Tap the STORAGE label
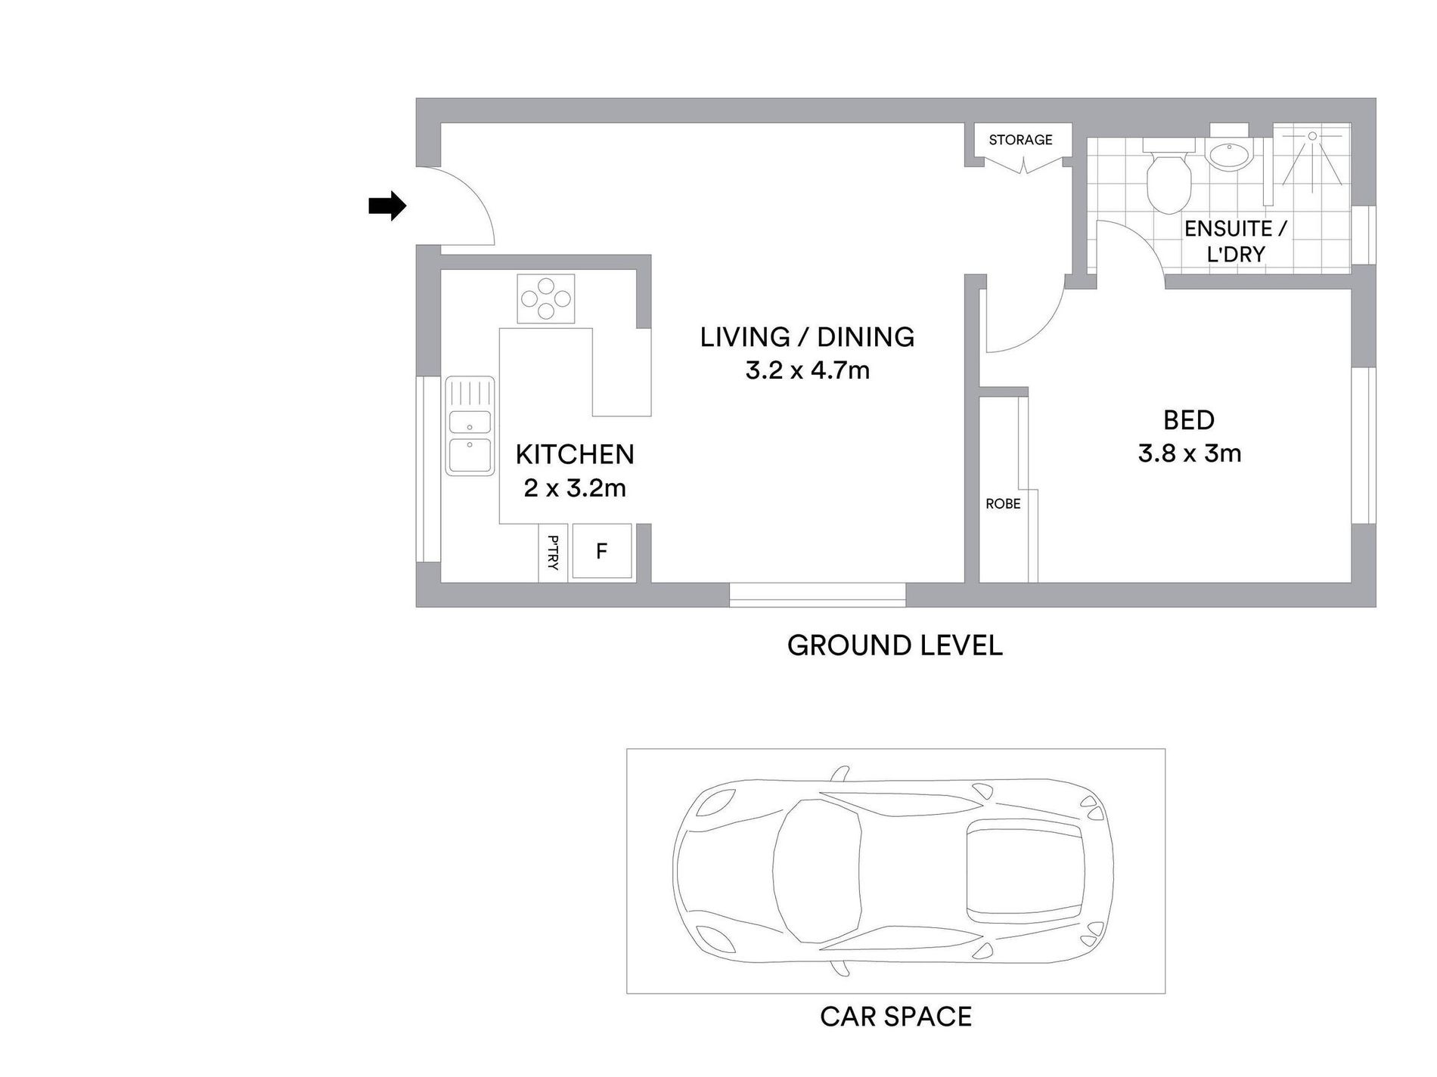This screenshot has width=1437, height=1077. pyautogui.click(x=1020, y=140)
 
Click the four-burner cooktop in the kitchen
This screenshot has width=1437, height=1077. pyautogui.click(x=545, y=298)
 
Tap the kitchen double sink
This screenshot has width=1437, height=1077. pyautogui.click(x=470, y=426)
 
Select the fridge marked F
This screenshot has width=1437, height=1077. pyautogui.click(x=602, y=551)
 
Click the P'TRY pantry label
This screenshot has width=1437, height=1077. pyautogui.click(x=553, y=552)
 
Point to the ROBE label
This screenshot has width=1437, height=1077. pyautogui.click(x=1003, y=503)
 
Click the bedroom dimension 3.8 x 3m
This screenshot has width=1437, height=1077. pyautogui.click(x=1190, y=453)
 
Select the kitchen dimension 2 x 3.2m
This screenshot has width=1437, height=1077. pyautogui.click(x=575, y=488)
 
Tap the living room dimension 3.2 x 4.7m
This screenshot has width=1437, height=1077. pyautogui.click(x=807, y=370)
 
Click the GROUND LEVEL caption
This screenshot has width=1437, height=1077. pyautogui.click(x=895, y=645)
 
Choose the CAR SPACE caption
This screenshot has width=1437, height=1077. pyautogui.click(x=895, y=1017)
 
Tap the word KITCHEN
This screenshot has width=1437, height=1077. pyautogui.click(x=575, y=454)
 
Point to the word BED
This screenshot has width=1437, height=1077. pyautogui.click(x=1189, y=419)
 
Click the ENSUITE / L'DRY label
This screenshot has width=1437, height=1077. pyautogui.click(x=1236, y=241)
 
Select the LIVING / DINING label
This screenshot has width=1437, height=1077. pyautogui.click(x=807, y=337)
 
